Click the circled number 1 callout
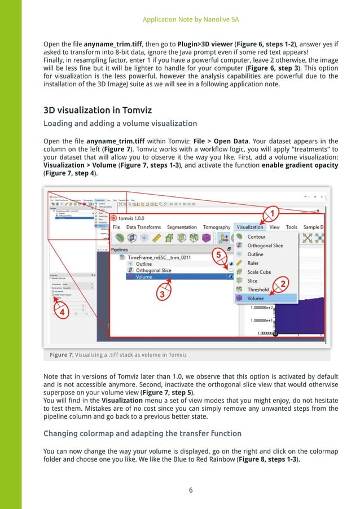(271, 213)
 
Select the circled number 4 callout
(62, 311)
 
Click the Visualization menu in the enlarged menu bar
(250, 227)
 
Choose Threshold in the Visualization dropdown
(258, 289)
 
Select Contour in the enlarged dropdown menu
(256, 237)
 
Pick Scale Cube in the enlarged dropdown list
(258, 272)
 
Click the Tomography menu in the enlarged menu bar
(216, 227)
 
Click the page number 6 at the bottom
(191, 490)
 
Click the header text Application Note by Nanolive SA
(191, 19)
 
